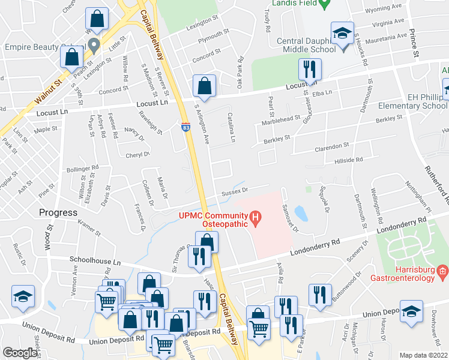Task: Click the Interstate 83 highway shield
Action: point(186,127)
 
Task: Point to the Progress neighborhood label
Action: point(58,212)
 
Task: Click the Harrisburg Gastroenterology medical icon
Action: point(442,272)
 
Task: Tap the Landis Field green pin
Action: point(324,3)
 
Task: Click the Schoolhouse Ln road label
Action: point(95,262)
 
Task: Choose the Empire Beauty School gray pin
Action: point(93,45)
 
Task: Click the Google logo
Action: point(20,353)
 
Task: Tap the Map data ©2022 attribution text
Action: point(423,355)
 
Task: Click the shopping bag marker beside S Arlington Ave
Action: point(204,86)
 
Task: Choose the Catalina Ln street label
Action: point(231,127)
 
